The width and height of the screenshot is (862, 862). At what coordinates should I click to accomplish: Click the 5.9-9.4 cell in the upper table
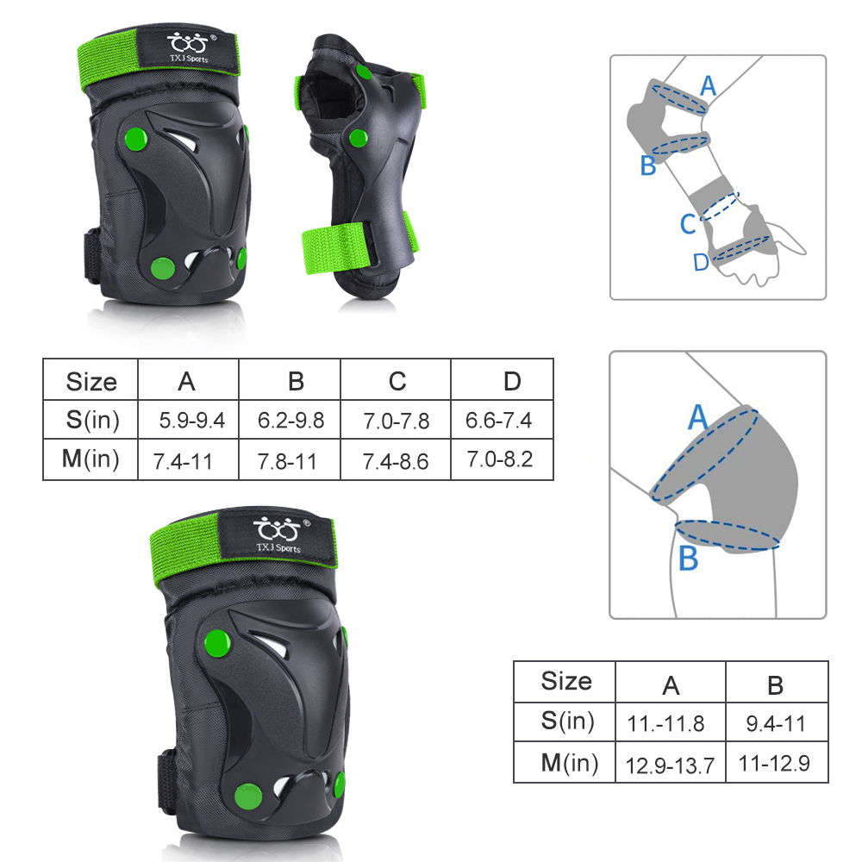click(192, 421)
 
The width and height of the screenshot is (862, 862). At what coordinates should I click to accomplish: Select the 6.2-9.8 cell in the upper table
click(290, 421)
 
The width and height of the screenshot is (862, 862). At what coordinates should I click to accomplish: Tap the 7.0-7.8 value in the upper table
click(396, 422)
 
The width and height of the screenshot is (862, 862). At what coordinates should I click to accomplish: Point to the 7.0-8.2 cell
click(500, 459)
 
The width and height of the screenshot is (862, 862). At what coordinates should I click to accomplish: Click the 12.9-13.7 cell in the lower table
click(670, 765)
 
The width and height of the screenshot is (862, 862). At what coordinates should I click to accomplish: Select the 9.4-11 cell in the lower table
click(776, 723)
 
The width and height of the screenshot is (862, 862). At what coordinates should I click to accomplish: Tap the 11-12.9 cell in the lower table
click(774, 763)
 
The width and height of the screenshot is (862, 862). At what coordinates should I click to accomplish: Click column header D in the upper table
click(512, 381)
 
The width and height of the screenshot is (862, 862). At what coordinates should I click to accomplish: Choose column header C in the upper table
click(397, 381)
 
